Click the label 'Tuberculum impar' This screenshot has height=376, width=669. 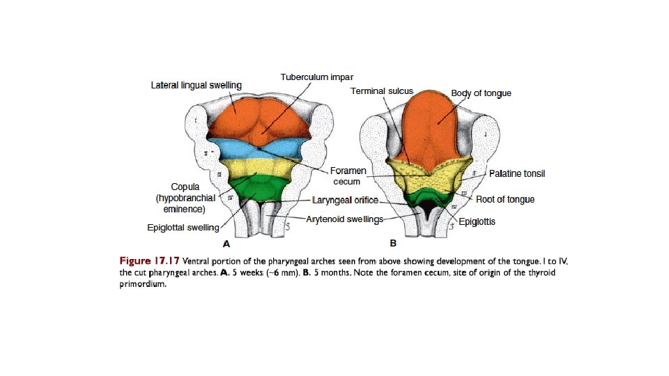(316, 76)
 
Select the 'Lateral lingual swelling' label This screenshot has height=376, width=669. (197, 86)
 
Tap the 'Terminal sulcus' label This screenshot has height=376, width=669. (383, 91)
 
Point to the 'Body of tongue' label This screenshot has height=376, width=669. (481, 93)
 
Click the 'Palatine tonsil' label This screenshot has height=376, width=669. (517, 173)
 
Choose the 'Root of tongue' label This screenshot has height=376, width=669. (505, 199)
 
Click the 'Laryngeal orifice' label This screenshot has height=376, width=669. (346, 200)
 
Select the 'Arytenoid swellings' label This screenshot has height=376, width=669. (345, 219)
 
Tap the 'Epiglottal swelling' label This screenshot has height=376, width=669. (183, 227)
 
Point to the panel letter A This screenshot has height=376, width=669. (226, 244)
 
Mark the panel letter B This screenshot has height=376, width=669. (393, 244)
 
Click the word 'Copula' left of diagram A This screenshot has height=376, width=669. (185, 187)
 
